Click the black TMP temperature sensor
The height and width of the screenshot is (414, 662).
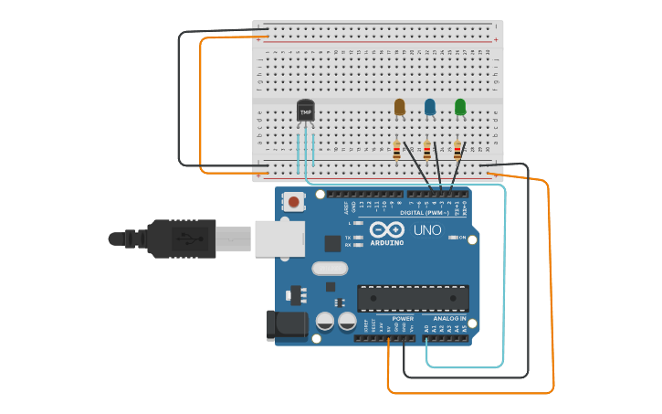(305, 111)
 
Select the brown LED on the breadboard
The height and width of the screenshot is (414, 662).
(399, 107)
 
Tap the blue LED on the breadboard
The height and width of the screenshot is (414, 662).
(430, 107)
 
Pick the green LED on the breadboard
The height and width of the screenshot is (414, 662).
(460, 107)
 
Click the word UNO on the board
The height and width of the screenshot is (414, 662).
(427, 230)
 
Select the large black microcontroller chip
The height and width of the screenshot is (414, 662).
(413, 298)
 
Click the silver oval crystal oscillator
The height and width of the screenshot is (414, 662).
(330, 269)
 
